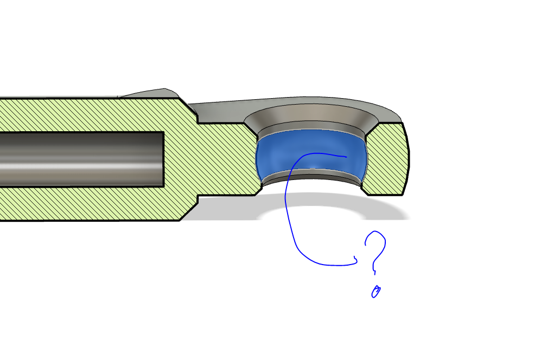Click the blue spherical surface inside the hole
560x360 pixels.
coord(311,153)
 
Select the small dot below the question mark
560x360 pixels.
coord(376,292)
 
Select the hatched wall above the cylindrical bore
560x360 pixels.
coord(90,115)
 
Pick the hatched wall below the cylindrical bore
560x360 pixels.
coord(90,203)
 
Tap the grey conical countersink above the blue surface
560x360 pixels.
coord(307,113)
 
